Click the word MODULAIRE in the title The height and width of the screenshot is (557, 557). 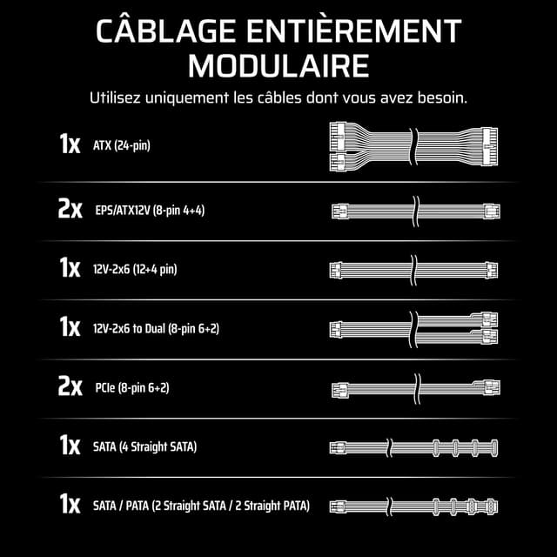coord(278,65)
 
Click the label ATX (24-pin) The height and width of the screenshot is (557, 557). coord(121,145)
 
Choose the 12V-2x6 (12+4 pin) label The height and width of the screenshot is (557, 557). coord(134,269)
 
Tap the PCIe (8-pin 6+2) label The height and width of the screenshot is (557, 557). coord(131,387)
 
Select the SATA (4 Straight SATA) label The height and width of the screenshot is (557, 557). coord(144,447)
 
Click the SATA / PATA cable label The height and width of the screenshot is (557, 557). coord(200,506)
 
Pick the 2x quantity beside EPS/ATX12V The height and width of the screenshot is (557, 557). coord(70,210)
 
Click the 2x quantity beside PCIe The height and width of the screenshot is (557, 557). coord(70,387)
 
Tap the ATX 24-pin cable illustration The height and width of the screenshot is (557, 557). coord(413,144)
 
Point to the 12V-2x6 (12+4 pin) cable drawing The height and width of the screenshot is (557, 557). coord(414,269)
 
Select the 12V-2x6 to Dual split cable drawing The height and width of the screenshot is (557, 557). coord(414,329)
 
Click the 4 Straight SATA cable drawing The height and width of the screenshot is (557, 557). coord(414,447)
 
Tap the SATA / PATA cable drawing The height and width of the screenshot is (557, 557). coord(414,506)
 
